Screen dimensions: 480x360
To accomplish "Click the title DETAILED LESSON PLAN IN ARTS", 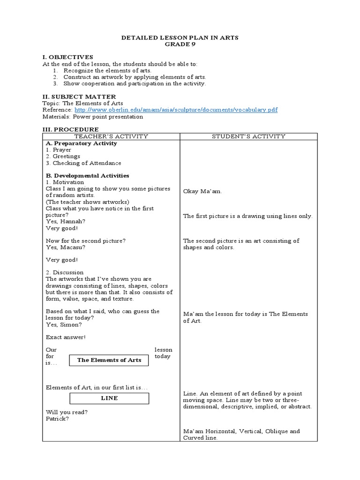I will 180,38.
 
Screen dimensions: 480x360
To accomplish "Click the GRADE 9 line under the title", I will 180,45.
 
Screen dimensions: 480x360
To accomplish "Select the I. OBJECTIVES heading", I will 68,57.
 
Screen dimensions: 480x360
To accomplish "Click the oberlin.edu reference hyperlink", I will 176,110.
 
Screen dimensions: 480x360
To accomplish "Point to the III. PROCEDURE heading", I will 70,129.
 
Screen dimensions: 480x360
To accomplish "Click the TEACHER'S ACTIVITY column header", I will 111,136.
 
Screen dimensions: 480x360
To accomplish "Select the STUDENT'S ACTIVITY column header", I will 248,136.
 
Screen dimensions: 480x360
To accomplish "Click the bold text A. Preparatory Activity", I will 81,143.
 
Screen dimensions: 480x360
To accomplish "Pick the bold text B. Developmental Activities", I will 87,175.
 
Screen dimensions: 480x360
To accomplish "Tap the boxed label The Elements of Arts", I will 109,360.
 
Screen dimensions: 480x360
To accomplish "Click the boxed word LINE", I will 109,398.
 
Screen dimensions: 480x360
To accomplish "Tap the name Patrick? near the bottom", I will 57,419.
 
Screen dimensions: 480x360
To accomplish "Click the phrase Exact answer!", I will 66,337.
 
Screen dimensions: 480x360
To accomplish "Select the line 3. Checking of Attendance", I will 83,163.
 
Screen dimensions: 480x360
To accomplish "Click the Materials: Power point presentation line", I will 93,117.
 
